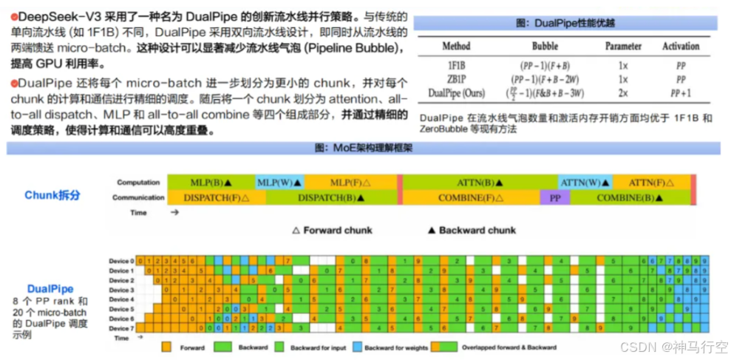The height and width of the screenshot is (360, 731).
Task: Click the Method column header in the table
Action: tap(456, 46)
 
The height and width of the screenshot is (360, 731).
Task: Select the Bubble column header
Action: tap(545, 46)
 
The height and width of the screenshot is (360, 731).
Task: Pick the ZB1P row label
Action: tap(455, 79)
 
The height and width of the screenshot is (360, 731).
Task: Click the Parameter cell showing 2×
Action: tap(624, 94)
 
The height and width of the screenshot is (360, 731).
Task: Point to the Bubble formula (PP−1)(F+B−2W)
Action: tap(545, 79)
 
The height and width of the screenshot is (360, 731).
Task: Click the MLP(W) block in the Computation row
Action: tap(279, 182)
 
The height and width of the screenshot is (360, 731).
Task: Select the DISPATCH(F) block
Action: tap(216, 197)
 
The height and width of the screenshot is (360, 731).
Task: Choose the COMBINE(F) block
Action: tap(470, 197)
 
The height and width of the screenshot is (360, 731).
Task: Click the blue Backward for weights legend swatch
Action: tap(358, 346)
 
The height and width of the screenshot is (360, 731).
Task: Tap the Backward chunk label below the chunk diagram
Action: tap(477, 230)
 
